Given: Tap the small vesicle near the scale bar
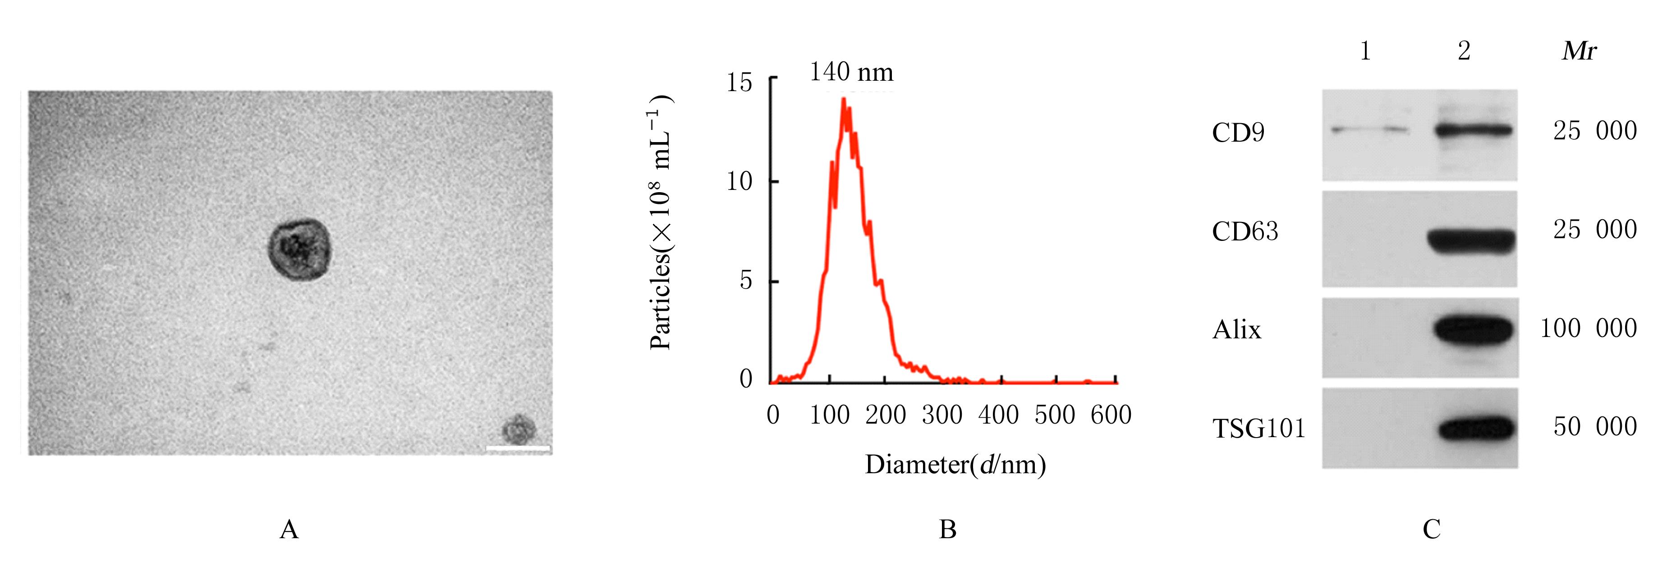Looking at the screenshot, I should coord(519,429).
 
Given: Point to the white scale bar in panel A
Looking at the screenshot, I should coord(518,448).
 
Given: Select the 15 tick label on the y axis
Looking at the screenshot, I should coord(739,83).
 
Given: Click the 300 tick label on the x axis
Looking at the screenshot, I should coord(941,415).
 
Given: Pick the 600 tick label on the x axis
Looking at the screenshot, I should coord(1111,415).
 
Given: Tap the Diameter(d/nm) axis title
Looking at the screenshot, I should coord(955,465).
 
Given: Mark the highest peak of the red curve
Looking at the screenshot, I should coord(843,99).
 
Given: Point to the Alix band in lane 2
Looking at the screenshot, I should coord(1474,330).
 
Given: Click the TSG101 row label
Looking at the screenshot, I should coord(1258,429).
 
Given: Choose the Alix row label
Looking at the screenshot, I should coord(1237,330).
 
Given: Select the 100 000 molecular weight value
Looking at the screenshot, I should coord(1588,328).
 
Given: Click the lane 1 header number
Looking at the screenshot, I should coord(1365,51).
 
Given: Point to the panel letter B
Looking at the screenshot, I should coord(947,529).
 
